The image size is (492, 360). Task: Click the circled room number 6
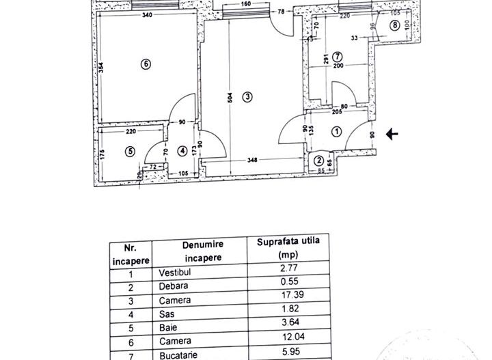145,64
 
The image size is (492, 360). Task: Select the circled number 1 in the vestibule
336,133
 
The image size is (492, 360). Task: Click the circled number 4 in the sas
182,150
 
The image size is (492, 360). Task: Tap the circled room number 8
395,26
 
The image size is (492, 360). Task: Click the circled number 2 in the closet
320,161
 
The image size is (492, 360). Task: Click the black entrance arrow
392,135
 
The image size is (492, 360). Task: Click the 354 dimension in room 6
99,68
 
